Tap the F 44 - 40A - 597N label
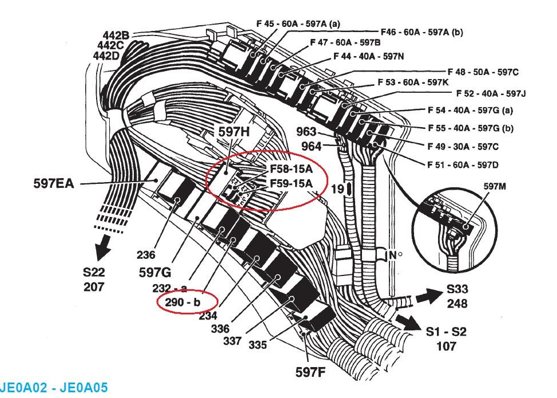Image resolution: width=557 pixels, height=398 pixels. point(368,56)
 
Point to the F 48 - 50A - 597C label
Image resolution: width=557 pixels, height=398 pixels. point(483,72)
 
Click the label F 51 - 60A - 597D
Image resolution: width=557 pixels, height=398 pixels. point(463,165)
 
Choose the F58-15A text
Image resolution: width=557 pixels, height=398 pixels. point(291,170)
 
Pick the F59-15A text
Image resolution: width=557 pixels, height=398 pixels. point(291,184)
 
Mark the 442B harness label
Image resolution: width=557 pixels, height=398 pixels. point(116,36)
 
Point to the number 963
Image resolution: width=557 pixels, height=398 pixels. point(307,132)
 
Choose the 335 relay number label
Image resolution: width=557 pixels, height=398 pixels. point(257,345)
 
